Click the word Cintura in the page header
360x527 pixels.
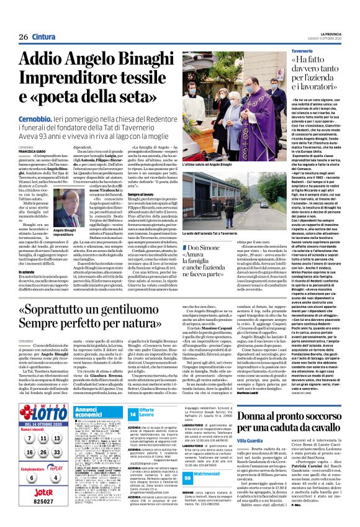[43, 37]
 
